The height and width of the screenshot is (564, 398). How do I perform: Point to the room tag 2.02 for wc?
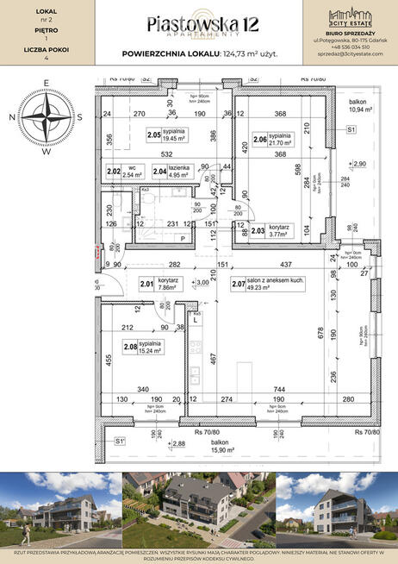coord(114,171)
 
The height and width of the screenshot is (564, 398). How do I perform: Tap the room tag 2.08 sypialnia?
coord(130,348)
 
